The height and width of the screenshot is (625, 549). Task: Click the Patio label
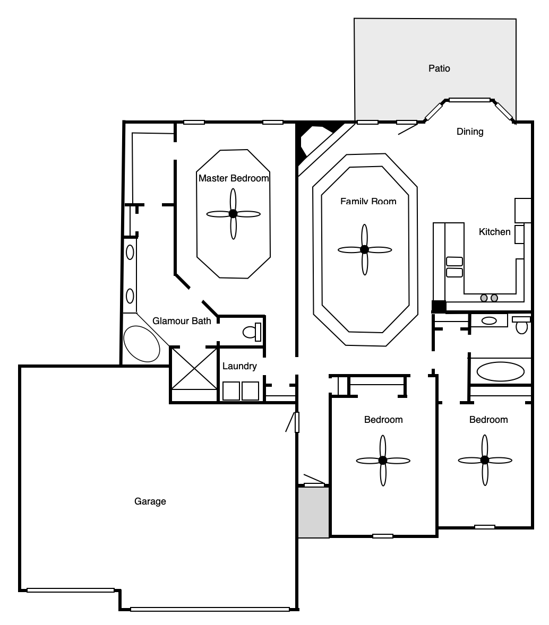click(x=439, y=68)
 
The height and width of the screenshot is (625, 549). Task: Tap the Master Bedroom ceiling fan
click(x=234, y=214)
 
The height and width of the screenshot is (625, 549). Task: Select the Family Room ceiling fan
click(x=365, y=249)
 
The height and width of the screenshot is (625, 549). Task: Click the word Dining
click(x=469, y=132)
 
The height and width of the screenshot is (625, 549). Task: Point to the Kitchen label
click(x=494, y=232)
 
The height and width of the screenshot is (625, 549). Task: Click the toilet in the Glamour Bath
click(x=252, y=332)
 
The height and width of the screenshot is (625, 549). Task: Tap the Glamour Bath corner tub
click(x=141, y=344)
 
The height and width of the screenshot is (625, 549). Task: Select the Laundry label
click(x=239, y=366)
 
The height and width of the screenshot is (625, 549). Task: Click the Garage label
click(x=150, y=501)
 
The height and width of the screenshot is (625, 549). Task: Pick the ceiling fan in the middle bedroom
click(x=383, y=461)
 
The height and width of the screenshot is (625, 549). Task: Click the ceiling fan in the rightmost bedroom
click(x=485, y=460)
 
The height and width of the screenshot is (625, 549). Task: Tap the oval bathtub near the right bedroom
click(x=500, y=371)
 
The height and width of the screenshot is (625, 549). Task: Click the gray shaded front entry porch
click(x=314, y=512)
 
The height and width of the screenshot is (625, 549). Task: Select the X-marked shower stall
click(x=194, y=369)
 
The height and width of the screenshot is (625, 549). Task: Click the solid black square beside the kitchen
click(x=439, y=306)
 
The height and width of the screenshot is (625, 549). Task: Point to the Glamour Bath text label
click(x=182, y=321)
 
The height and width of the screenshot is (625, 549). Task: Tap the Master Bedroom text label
click(x=234, y=178)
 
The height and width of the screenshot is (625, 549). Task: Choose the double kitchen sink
click(x=454, y=267)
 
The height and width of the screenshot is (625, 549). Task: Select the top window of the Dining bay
click(x=469, y=100)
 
